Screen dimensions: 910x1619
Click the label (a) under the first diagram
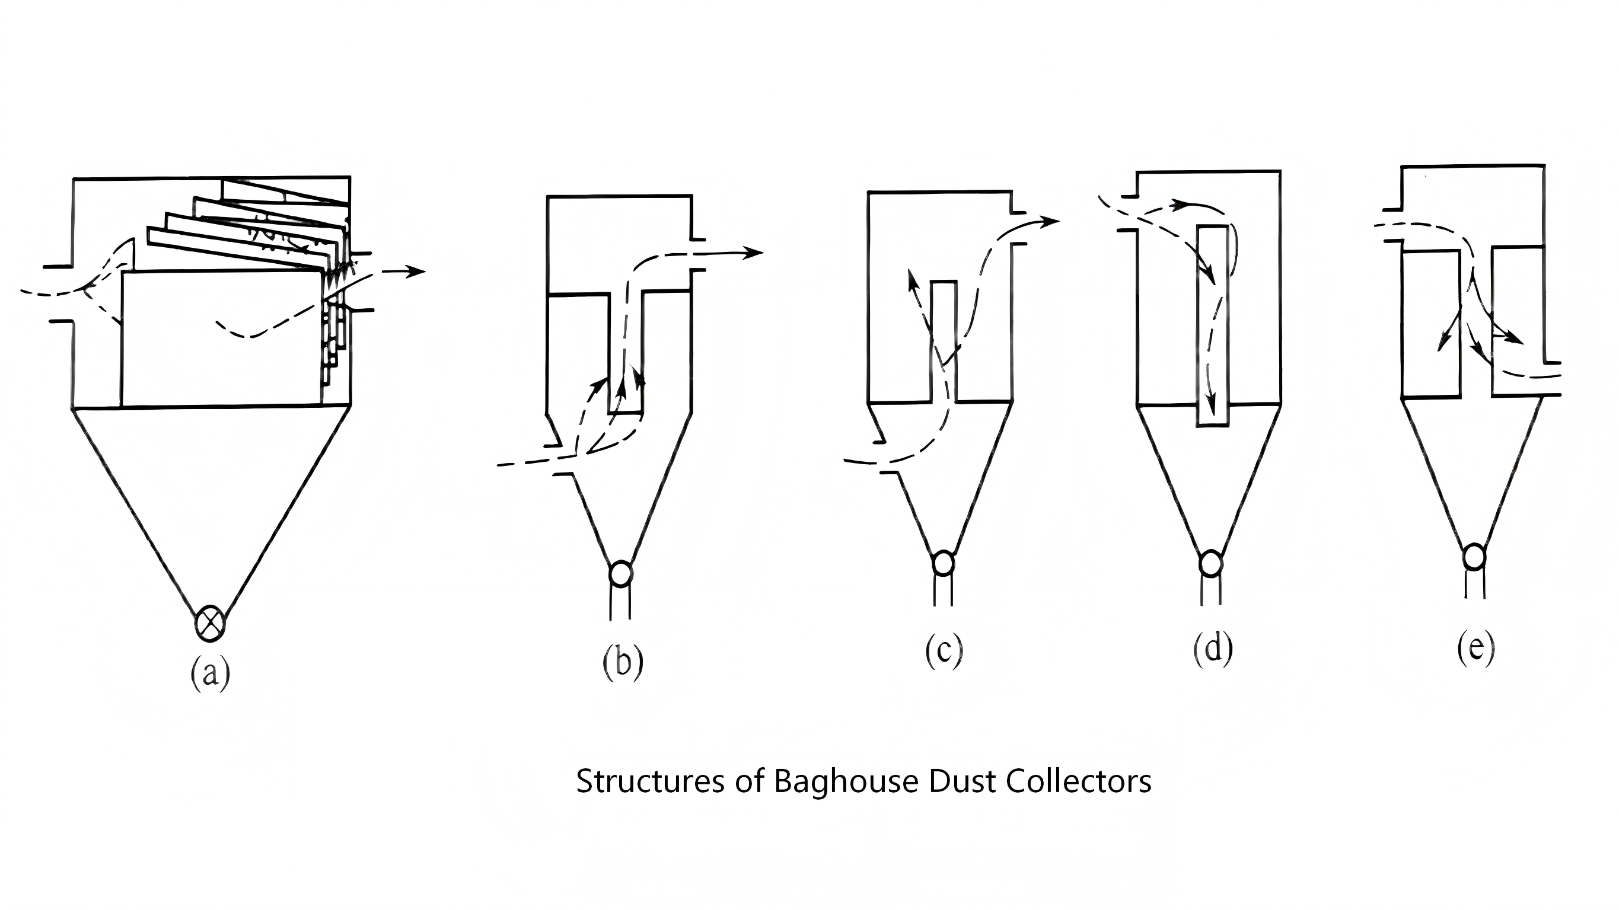[x=210, y=673]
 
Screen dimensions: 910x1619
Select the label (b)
[x=623, y=662]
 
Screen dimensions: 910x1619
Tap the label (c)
[x=944, y=651]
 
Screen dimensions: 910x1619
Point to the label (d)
[x=1212, y=649]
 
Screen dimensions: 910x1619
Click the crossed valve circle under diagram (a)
[x=210, y=623]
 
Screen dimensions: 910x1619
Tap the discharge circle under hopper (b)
[x=620, y=573]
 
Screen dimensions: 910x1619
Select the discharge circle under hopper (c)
[x=943, y=563]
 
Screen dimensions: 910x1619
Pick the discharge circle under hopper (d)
[x=1210, y=563]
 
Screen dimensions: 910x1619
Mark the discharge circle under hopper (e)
[x=1474, y=557]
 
